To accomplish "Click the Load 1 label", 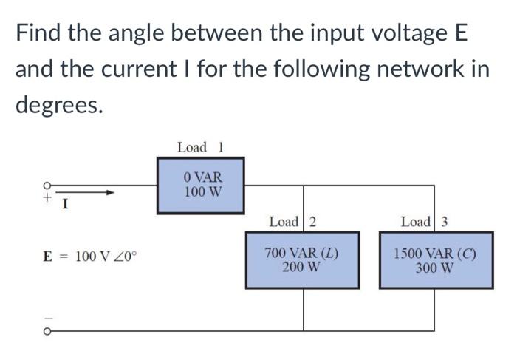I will tap(199, 147).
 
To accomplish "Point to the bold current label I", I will tap(65, 204).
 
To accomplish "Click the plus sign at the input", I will tap(46, 198).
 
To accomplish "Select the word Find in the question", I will tap(38, 34).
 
